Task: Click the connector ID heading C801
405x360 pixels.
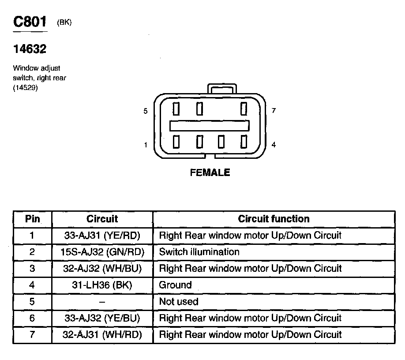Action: (30, 22)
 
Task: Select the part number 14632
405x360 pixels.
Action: (30, 49)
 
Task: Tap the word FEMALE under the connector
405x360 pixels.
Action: (210, 173)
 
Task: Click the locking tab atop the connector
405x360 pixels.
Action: (222, 90)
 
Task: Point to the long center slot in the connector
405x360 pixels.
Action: (210, 125)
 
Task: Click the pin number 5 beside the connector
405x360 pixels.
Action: (146, 111)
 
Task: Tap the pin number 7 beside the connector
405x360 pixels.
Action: (274, 111)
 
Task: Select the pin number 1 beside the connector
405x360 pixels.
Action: (146, 145)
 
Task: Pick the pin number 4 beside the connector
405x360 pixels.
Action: (274, 145)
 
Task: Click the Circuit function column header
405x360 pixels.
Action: (274, 219)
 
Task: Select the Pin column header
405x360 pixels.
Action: (32, 219)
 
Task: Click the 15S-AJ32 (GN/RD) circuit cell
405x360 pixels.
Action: (102, 252)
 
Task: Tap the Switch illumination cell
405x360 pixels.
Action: (199, 252)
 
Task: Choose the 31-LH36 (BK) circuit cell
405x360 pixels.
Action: (102, 285)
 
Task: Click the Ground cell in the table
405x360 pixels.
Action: (175, 285)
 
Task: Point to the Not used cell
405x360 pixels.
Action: (179, 302)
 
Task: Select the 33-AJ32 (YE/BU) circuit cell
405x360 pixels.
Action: (102, 318)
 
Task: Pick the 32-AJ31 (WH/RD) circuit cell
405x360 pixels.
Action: (102, 335)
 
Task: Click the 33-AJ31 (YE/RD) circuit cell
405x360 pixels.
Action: (102, 236)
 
